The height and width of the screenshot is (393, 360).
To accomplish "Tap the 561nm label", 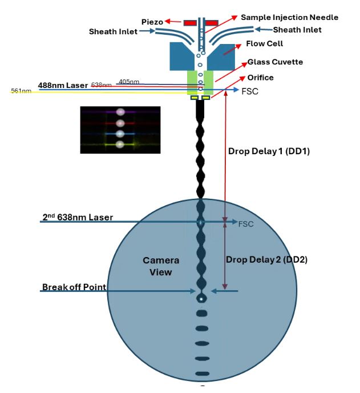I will pyautogui.click(x=21, y=91).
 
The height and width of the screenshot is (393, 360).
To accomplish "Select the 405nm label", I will pyautogui.click(x=129, y=82).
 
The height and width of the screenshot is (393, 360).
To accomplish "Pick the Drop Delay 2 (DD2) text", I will pyautogui.click(x=266, y=259).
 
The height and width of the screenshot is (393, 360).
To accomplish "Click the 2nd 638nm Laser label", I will pyautogui.click(x=78, y=217).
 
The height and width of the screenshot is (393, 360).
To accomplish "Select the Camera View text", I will pyautogui.click(x=161, y=266).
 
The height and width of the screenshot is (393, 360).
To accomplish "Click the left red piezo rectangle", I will pyautogui.click(x=190, y=22).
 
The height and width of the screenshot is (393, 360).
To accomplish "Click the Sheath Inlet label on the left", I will pyautogui.click(x=112, y=33).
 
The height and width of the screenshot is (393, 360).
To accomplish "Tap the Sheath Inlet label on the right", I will pyautogui.click(x=297, y=30).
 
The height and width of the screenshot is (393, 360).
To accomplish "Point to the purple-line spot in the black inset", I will pyautogui.click(x=120, y=113).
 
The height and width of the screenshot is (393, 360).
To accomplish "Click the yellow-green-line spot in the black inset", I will pyautogui.click(x=120, y=145).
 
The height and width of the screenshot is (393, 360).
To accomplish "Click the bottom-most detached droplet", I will pyautogui.click(x=201, y=374).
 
